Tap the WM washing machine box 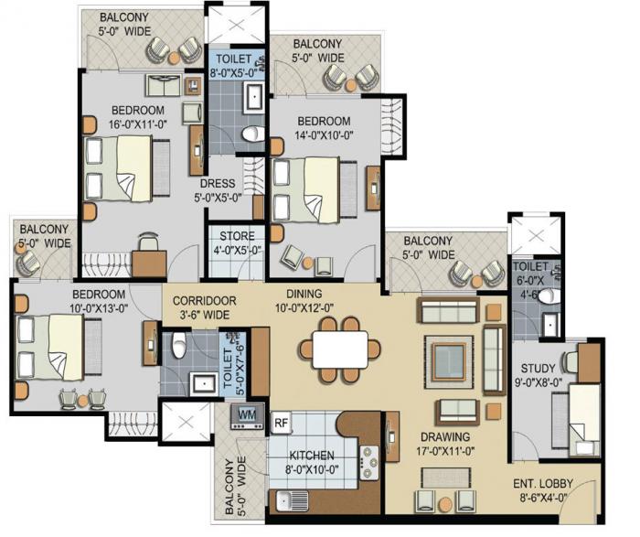pos(246,414)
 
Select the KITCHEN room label pos(311,456)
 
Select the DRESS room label pos(217,183)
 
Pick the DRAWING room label pos(446,436)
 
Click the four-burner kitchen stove pos(370,463)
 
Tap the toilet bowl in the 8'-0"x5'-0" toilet pos(249,134)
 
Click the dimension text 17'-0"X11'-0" pos(446,451)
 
